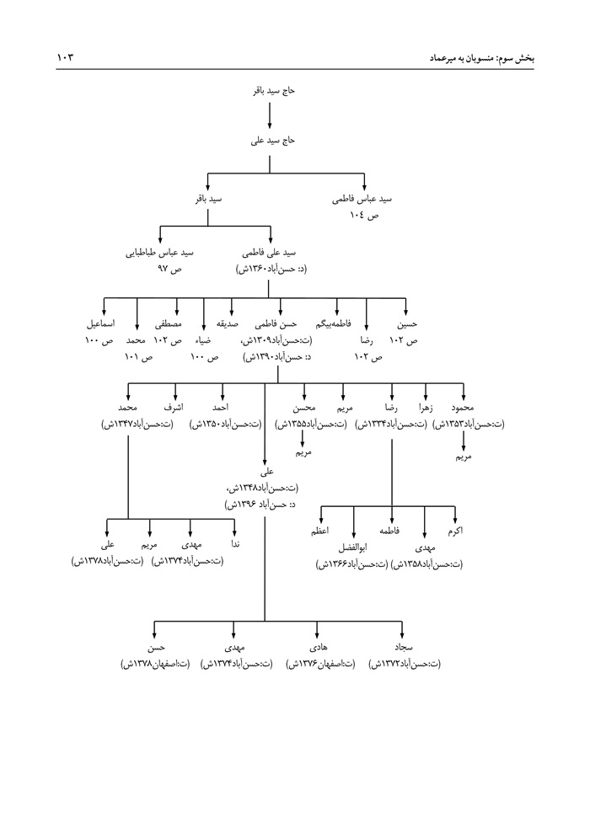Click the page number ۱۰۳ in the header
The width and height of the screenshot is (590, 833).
65,57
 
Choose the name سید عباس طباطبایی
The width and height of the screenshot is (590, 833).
160,252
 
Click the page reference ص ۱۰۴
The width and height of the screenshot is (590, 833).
364,216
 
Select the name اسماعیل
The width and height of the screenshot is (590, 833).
101,323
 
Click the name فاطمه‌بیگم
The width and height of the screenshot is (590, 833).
336,323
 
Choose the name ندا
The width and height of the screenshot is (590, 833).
235,545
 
